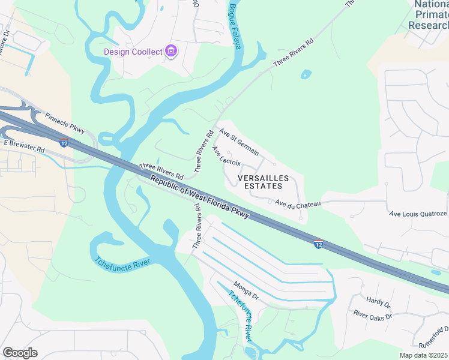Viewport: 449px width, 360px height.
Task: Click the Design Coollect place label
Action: coord(133,52)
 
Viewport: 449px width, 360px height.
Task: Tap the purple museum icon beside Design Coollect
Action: coord(171,51)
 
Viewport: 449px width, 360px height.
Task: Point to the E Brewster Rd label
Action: coord(24,146)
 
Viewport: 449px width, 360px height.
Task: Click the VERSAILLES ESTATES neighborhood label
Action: coord(264,182)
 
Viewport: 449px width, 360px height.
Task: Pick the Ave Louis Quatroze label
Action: coord(418,214)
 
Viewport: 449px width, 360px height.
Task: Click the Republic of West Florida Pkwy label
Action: coord(199,197)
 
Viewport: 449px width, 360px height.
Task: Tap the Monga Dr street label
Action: coord(246,291)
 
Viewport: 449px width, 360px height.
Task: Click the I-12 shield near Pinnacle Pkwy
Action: coord(64,143)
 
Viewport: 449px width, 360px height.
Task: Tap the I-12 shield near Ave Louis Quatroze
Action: coord(319,244)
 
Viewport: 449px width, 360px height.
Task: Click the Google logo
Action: coord(20,353)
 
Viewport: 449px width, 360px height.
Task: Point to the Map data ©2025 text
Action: coord(424,355)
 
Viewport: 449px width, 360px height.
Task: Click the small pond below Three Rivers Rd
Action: coord(306,75)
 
